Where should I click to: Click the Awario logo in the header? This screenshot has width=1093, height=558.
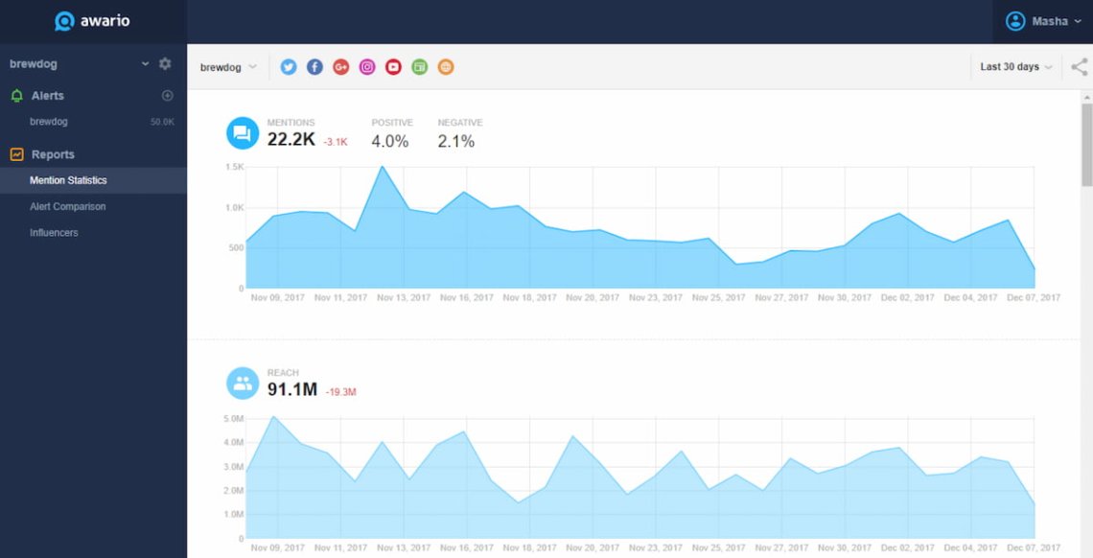(x=93, y=21)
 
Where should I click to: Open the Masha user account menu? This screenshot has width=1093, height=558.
(x=1043, y=21)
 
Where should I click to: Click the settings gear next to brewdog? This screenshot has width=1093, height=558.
(x=165, y=63)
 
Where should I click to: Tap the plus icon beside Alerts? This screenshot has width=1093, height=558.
(x=167, y=95)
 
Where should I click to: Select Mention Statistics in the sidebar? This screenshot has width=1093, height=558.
(x=68, y=180)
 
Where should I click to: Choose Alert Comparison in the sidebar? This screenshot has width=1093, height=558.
(x=67, y=206)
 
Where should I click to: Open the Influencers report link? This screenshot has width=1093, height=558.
(x=54, y=232)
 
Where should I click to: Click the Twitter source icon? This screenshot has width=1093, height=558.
(x=289, y=67)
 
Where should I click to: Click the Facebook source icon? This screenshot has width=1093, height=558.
(x=314, y=67)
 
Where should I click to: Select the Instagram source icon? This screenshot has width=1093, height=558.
(x=367, y=67)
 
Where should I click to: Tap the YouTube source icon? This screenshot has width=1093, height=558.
(x=393, y=67)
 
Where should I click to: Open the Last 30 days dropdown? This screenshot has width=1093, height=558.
(x=1015, y=67)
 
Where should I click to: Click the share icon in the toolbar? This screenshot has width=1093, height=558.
(x=1080, y=67)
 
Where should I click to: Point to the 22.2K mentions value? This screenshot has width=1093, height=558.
(x=291, y=140)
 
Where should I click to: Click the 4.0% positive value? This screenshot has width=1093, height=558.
(x=390, y=141)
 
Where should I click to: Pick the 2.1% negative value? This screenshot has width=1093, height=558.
(x=455, y=141)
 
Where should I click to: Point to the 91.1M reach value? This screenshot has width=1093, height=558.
(x=292, y=389)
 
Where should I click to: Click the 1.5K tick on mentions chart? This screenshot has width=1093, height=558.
(x=234, y=167)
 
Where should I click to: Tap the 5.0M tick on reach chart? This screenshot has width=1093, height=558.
(x=233, y=419)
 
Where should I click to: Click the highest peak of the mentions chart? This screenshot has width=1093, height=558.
(x=382, y=167)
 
